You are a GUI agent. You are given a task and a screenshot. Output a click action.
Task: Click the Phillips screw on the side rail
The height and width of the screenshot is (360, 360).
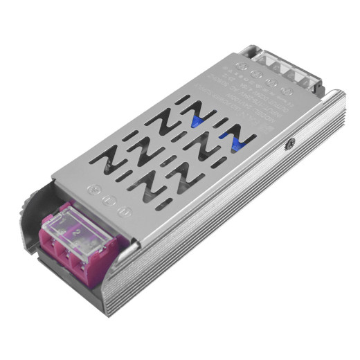point(289,144)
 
